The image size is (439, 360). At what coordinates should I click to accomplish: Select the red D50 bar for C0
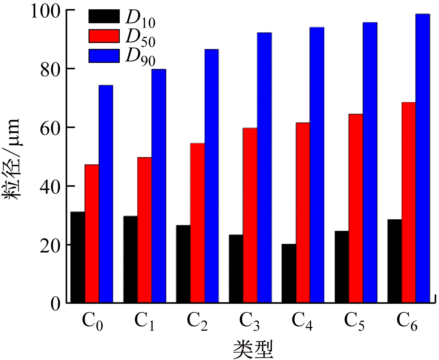pyautogui.click(x=92, y=233)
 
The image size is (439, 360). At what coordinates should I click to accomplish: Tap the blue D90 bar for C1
pyautogui.click(x=159, y=185)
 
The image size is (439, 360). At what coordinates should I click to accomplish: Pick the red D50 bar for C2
pyautogui.click(x=197, y=222)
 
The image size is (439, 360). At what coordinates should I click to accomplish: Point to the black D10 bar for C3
pyautogui.click(x=236, y=268)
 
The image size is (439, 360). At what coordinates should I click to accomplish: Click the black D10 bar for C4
pyautogui.click(x=289, y=273)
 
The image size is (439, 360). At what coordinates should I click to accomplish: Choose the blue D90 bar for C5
pyautogui.click(x=370, y=162)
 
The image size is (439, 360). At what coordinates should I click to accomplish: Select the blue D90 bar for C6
pyautogui.click(x=423, y=158)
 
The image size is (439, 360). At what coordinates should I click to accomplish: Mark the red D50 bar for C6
pyautogui.click(x=409, y=202)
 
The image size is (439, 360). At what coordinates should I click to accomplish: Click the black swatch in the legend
pyautogui.click(x=104, y=16)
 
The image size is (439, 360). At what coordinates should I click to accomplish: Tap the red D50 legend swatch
pyautogui.click(x=104, y=36)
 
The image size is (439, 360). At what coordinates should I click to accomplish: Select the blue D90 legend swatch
pyautogui.click(x=104, y=56)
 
